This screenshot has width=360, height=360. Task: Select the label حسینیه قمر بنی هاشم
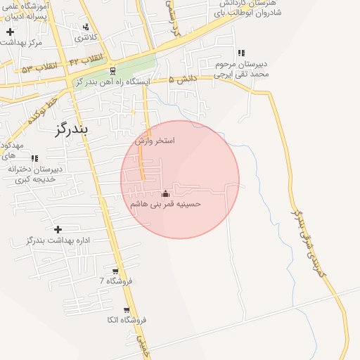click(x=166, y=204)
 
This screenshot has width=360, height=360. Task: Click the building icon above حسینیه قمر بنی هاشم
click(x=166, y=193)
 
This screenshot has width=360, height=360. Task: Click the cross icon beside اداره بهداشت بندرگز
click(x=58, y=229)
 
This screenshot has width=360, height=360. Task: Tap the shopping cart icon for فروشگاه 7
click(x=115, y=271)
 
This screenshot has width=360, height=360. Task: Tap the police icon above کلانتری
click(x=86, y=27)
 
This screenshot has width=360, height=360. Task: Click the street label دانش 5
click(x=181, y=80)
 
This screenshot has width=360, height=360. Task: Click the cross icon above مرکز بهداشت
click(x=10, y=32)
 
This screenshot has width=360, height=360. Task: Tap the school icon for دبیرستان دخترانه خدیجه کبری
click(x=34, y=158)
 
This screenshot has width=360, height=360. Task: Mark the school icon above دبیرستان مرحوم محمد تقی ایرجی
click(x=241, y=53)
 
